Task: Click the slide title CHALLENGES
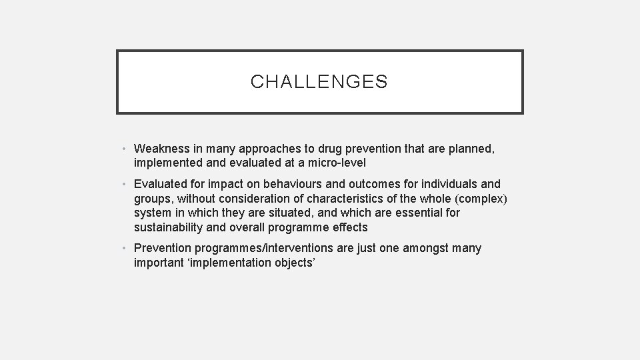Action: pyautogui.click(x=319, y=82)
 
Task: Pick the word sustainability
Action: pyautogui.click(x=169, y=227)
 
